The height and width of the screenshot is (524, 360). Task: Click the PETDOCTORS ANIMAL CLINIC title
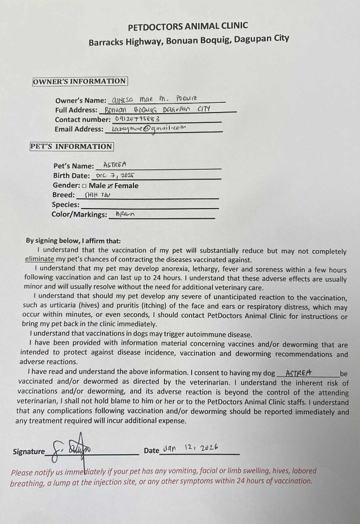tap(188, 26)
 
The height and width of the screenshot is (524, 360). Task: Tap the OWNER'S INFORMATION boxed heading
tap(80, 82)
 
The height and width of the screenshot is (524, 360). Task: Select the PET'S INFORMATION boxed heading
tap(71, 147)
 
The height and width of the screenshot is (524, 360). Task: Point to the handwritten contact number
tap(136, 119)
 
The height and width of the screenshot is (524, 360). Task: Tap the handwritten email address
tap(148, 129)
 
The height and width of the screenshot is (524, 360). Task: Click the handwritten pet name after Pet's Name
tap(115, 165)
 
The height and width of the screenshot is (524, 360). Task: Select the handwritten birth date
tap(115, 176)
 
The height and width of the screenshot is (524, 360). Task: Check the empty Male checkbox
tap(84, 186)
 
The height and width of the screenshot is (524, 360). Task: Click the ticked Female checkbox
tap(110, 186)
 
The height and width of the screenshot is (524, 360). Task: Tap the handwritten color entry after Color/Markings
tap(125, 214)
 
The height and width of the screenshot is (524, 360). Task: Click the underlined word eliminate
tap(39, 259)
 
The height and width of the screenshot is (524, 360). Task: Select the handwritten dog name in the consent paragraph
tap(299, 373)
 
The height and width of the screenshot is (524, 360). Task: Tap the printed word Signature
tap(29, 452)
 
